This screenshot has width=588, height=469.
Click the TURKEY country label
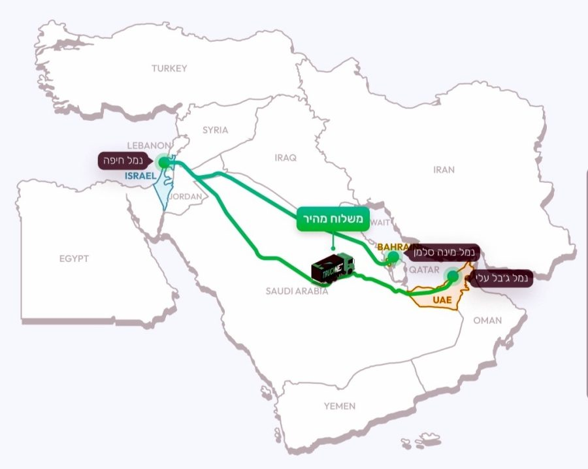pos(169,68)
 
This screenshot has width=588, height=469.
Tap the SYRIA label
pos(215,130)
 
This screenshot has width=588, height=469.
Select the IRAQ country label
pos(286,158)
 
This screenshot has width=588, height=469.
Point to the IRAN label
pos(444,170)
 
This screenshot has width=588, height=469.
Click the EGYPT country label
pos(74,259)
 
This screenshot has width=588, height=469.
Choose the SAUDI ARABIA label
pos(296,291)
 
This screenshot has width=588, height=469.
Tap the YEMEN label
pos(340,406)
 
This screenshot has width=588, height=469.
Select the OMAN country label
pos(487,320)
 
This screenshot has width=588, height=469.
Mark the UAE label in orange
pos(442,300)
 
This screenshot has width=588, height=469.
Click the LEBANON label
pos(149,144)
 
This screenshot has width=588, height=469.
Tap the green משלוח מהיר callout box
pos(334,218)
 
